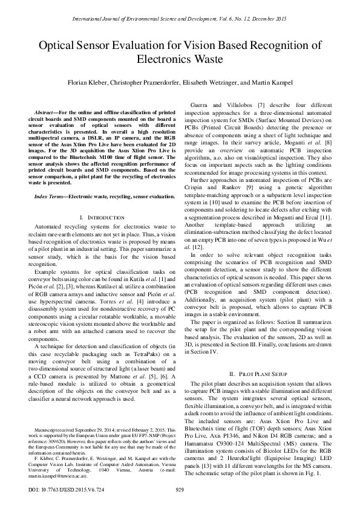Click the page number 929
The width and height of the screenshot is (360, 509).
(x=179, y=490)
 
